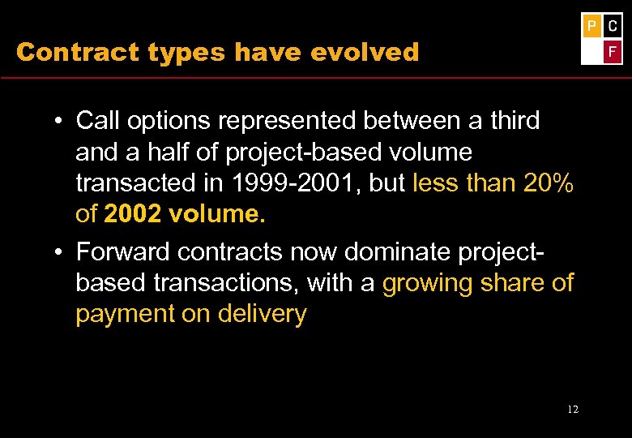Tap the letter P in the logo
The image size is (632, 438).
point(591,26)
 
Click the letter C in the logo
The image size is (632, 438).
point(613,26)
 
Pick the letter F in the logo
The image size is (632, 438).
point(613,51)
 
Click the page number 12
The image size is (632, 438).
point(573,409)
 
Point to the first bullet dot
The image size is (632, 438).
point(60,122)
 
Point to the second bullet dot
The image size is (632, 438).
point(60,253)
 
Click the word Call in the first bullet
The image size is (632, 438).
point(98,121)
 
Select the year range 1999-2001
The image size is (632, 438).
point(299,183)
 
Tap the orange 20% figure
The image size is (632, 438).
point(549,183)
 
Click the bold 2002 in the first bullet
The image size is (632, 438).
point(132,215)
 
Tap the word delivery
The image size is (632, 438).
point(262,314)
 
